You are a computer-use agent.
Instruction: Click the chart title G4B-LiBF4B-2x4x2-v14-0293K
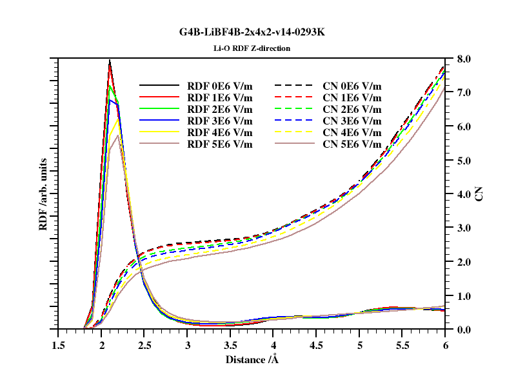click(x=252, y=32)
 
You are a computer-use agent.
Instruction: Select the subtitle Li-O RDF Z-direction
click(x=252, y=48)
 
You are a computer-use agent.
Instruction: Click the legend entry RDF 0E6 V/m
click(x=220, y=86)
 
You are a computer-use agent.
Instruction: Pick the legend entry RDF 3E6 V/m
click(x=220, y=121)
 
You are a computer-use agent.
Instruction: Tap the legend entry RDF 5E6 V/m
click(x=220, y=144)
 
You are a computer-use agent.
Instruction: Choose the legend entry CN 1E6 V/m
click(x=352, y=98)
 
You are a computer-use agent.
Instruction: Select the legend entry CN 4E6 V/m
click(x=352, y=133)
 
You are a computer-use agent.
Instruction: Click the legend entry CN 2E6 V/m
click(x=352, y=109)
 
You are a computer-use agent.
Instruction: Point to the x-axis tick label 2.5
click(x=144, y=345)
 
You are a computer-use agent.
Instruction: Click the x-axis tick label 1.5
click(x=58, y=345)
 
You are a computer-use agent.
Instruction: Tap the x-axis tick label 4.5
click(x=316, y=345)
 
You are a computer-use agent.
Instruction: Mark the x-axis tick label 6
click(x=445, y=345)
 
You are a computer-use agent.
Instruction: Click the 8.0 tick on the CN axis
click(x=464, y=59)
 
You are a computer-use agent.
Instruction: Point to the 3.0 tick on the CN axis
click(x=464, y=228)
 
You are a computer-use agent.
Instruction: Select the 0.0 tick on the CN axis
click(x=464, y=330)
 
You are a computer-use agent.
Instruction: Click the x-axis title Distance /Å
click(x=252, y=359)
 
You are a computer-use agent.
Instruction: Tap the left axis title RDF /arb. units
click(x=43, y=194)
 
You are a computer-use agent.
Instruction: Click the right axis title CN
click(x=479, y=194)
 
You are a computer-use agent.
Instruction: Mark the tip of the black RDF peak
click(x=110, y=60)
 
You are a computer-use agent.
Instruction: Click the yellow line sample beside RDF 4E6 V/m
click(x=159, y=132)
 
